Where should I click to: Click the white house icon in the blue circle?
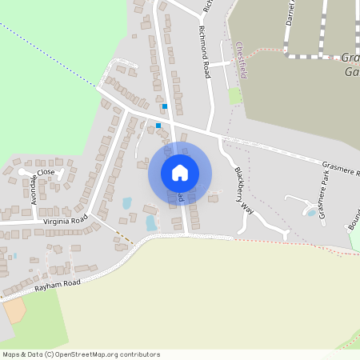point(180,173)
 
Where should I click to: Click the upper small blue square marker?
point(165,106)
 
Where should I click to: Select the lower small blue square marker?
point(158,125)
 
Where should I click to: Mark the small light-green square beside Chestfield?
point(234,95)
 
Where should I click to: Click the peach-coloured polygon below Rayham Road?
point(14,310)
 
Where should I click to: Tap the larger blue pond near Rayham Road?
point(151,223)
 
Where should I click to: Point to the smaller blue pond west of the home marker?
point(127,203)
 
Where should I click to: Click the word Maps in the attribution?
point(12,354)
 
